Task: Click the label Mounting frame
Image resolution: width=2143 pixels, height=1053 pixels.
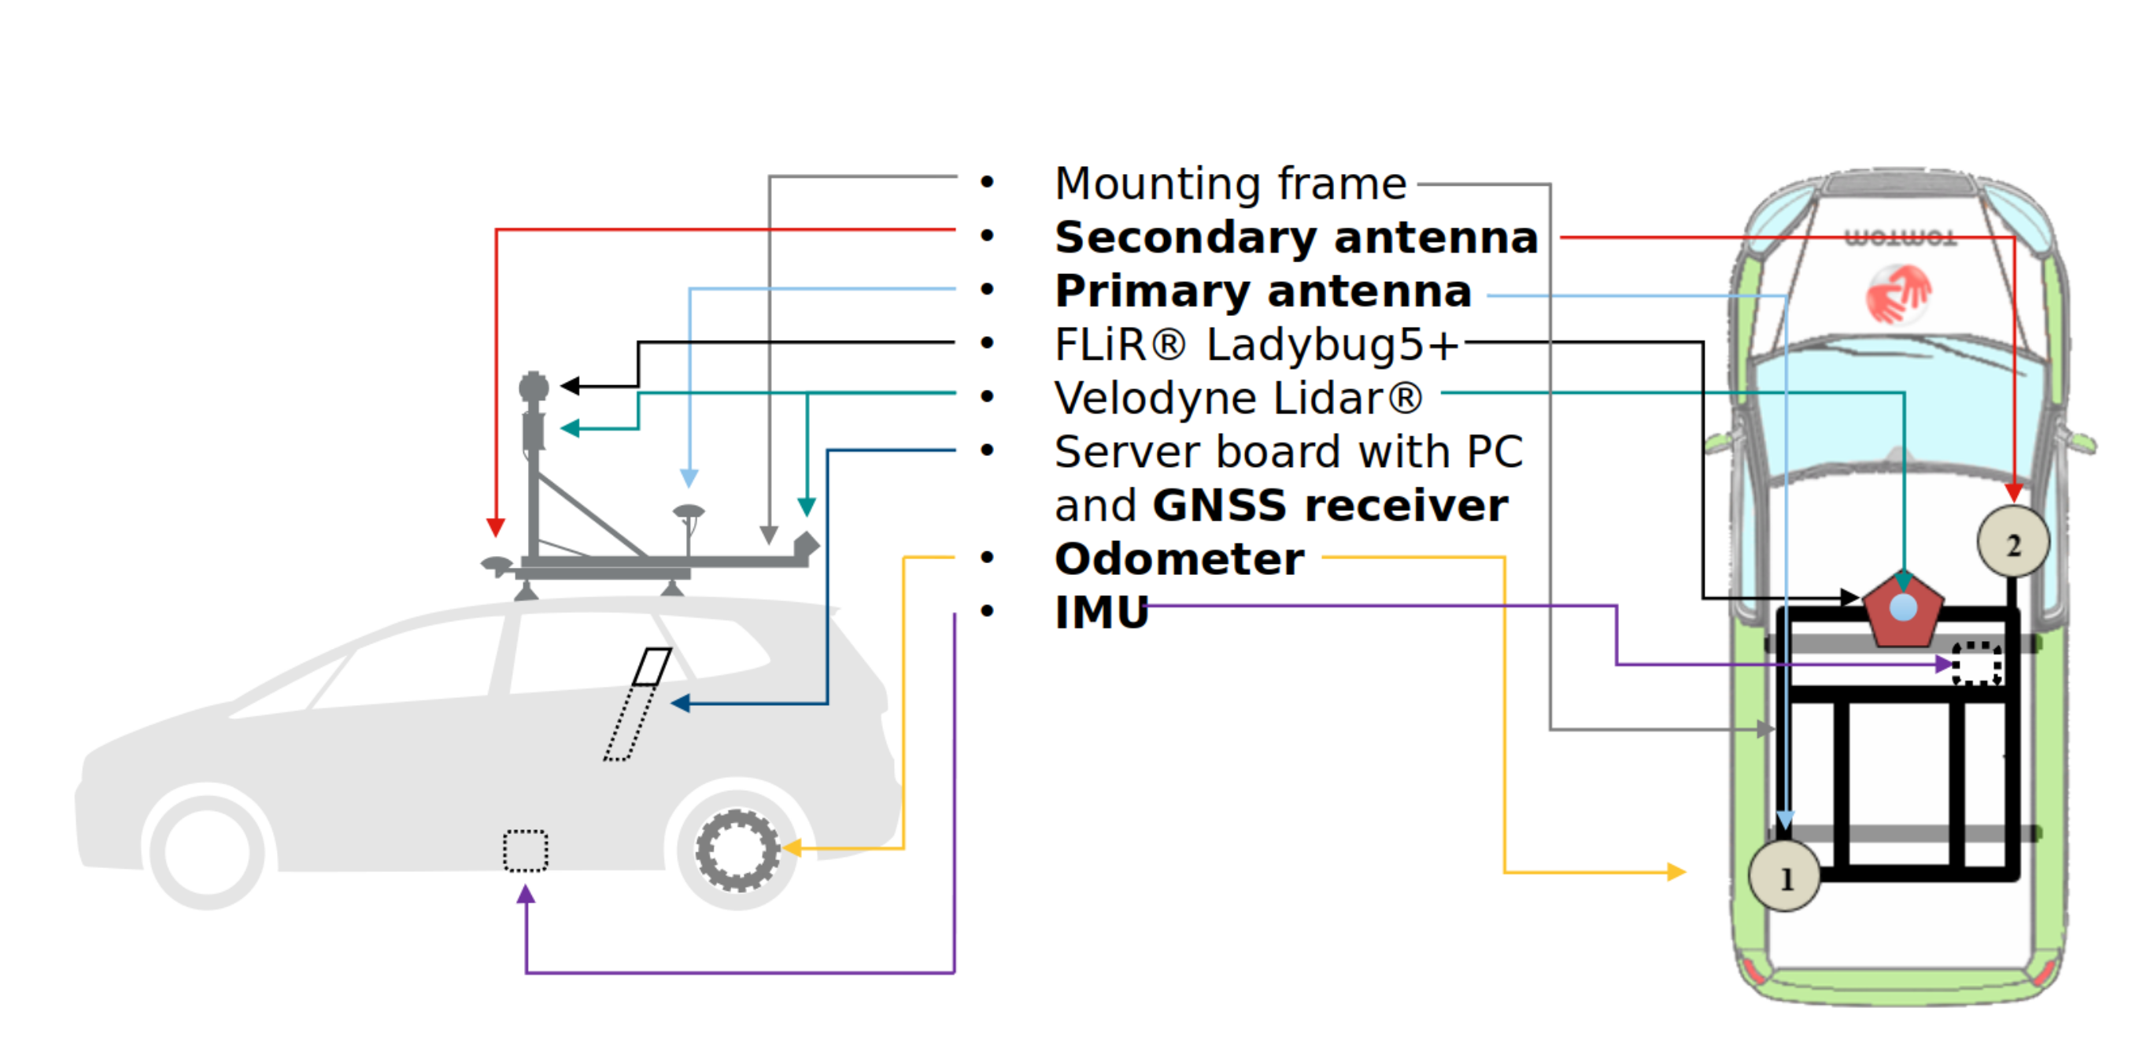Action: point(1229,184)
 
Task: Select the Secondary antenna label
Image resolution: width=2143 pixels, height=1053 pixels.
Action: point(1296,238)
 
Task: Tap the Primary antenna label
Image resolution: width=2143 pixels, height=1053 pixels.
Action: point(1263,291)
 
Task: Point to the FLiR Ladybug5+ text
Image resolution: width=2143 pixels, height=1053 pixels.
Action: point(1255,345)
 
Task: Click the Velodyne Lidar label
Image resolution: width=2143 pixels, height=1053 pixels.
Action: point(1238,398)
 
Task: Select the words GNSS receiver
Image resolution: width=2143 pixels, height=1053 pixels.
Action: point(1329,506)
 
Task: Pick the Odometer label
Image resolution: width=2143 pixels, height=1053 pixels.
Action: point(1179,558)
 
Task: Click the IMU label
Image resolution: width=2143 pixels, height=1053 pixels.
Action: point(1100,613)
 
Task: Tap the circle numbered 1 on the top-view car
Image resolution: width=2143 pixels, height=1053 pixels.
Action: point(1784,877)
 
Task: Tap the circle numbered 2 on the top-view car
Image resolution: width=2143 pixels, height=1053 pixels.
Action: point(2012,543)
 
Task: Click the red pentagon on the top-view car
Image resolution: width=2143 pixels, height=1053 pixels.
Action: point(1903,610)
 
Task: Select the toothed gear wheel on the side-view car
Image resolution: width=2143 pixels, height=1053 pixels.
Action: point(737,850)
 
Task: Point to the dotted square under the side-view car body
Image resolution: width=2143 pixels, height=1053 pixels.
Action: point(525,850)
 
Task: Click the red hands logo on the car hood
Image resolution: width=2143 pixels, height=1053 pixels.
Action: point(1897,293)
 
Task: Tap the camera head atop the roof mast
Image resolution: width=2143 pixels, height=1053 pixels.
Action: point(534,386)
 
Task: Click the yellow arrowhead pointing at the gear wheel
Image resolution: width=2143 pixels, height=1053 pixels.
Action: point(791,848)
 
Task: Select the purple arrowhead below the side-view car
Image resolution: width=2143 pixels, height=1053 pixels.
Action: point(526,895)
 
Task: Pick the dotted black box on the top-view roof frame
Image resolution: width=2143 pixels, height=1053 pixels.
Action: point(1977,663)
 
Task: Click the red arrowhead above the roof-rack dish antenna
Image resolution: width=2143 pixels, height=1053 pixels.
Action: point(496,528)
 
